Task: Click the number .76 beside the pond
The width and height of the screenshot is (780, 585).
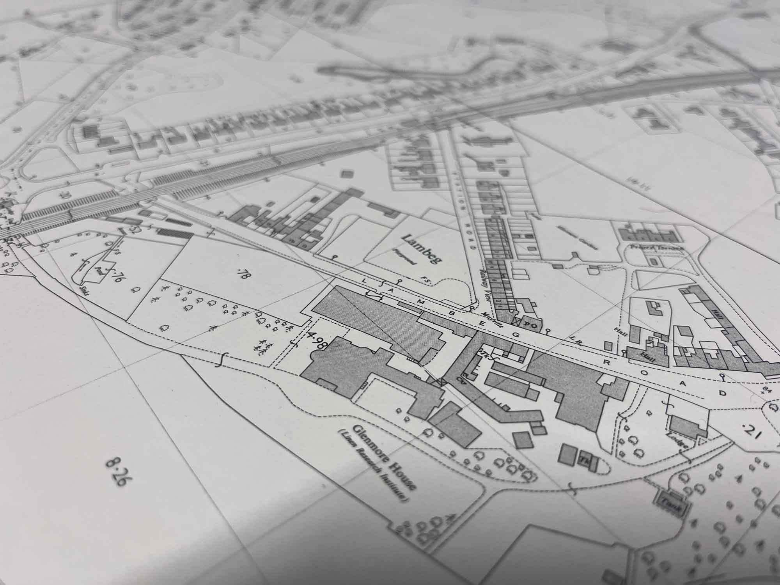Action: point(116,278)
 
